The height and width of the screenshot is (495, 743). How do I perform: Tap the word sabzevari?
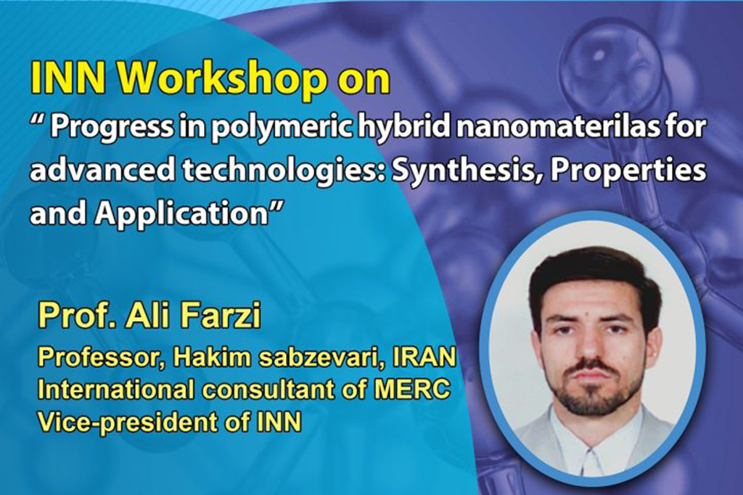317,357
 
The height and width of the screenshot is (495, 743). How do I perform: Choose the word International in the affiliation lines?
116,390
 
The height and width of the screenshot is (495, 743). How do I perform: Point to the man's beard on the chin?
589,397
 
